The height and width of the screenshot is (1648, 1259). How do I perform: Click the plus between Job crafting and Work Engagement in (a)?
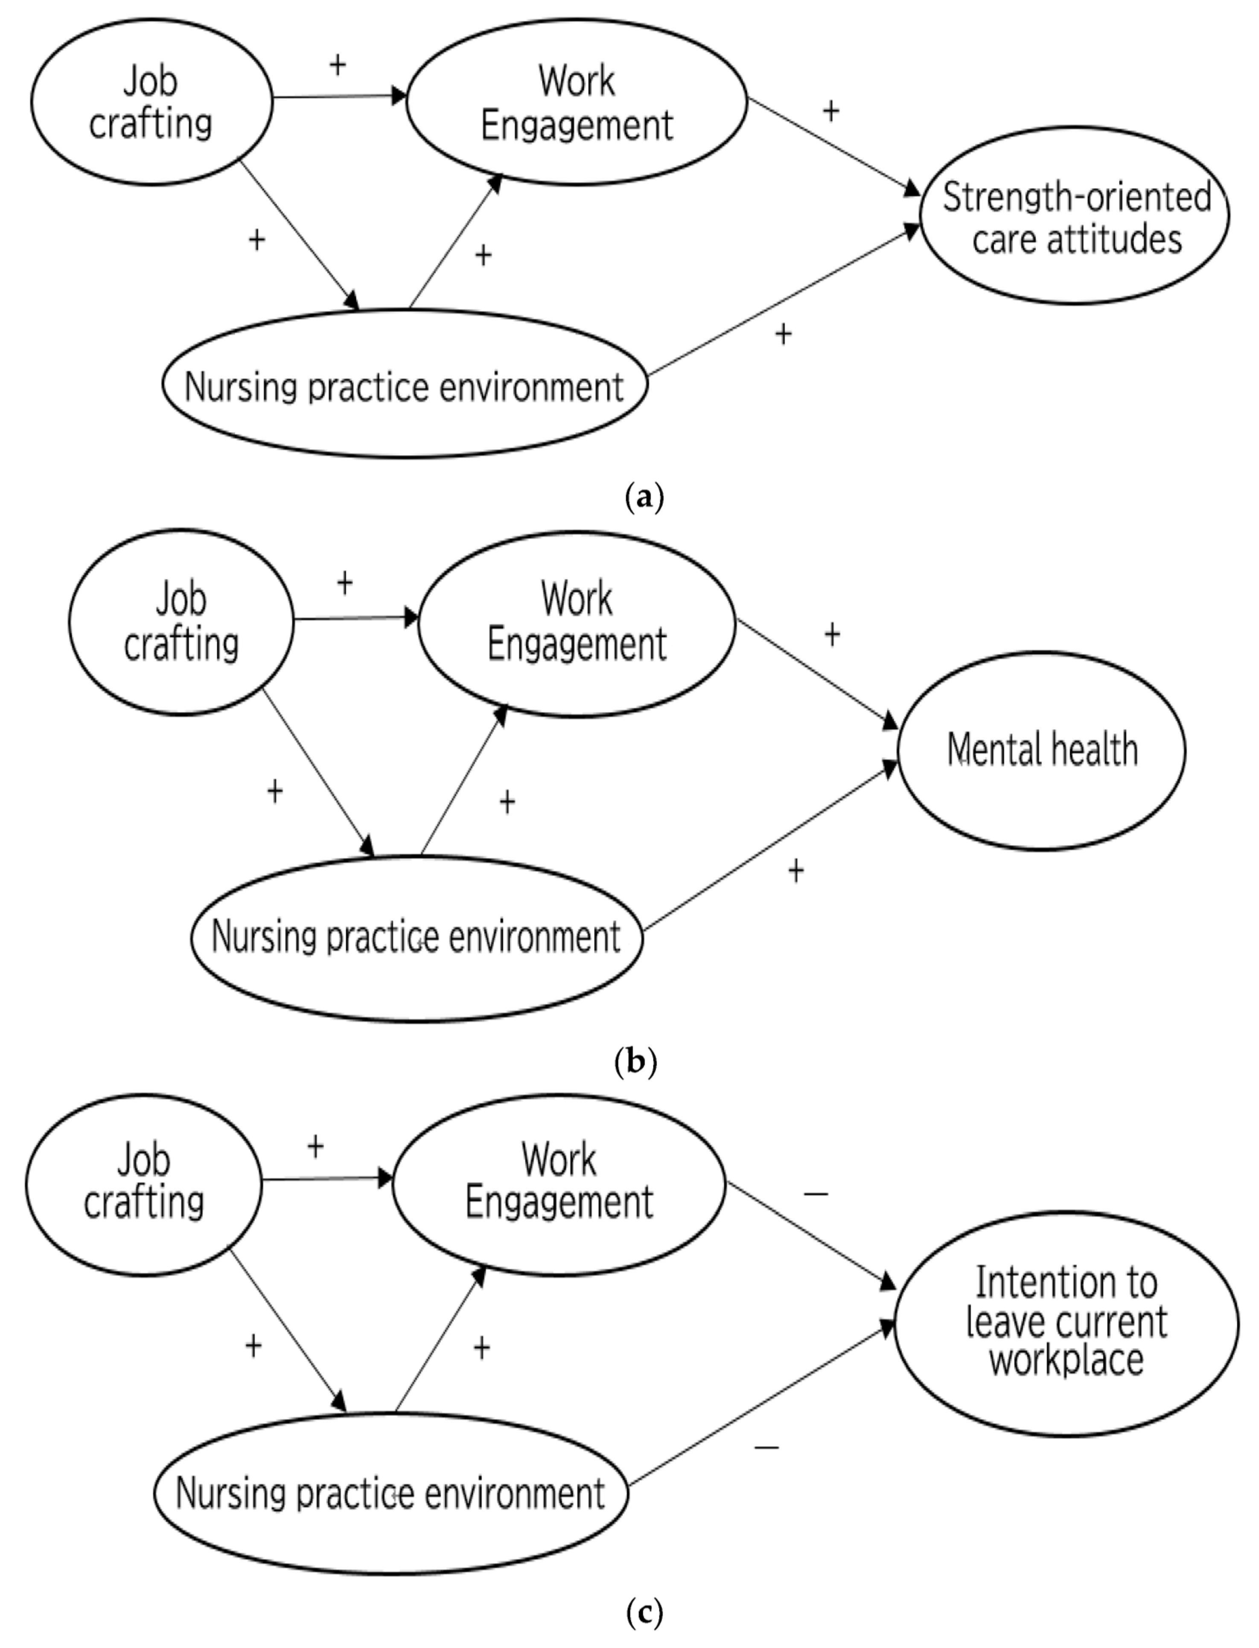point(338,65)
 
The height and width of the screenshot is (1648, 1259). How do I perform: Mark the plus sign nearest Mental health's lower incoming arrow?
point(796,870)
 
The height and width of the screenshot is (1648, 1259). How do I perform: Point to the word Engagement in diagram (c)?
point(559,1202)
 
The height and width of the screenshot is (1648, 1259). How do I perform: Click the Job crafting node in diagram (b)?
point(181,622)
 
